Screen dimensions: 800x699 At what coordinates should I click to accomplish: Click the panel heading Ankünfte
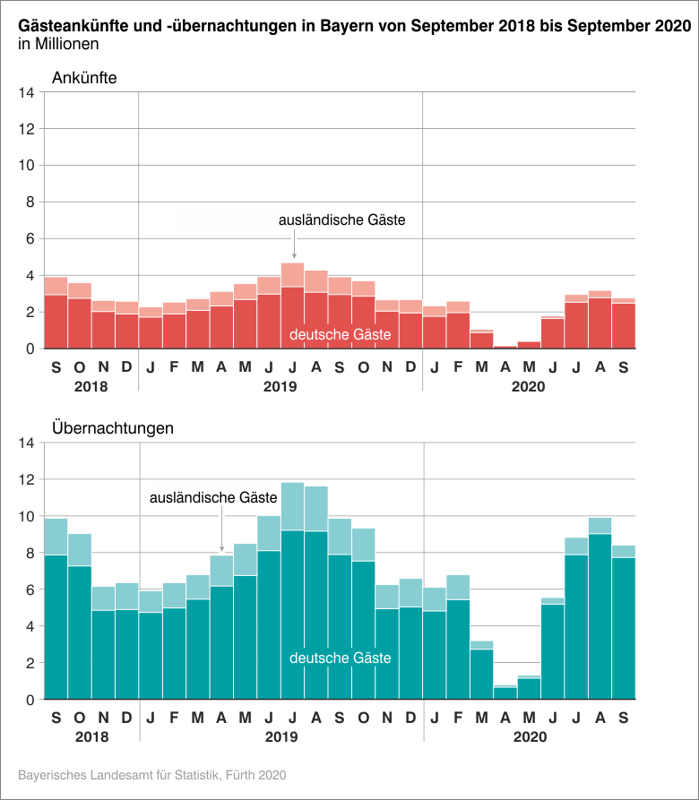(x=84, y=78)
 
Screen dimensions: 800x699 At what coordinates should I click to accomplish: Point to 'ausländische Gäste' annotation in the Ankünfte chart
(x=342, y=219)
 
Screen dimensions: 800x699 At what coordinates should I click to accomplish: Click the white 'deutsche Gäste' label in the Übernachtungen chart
(x=341, y=658)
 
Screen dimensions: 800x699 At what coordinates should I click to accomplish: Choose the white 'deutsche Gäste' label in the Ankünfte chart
(x=341, y=335)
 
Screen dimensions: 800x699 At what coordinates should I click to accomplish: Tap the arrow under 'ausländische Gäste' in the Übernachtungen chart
(x=222, y=538)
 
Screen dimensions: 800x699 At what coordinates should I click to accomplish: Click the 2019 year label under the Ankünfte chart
(x=280, y=388)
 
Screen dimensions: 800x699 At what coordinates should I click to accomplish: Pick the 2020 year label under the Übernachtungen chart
(x=529, y=738)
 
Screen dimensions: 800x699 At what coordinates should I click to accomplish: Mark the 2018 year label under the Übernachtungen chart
(x=91, y=738)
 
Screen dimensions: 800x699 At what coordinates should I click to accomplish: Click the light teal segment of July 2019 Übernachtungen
(x=293, y=506)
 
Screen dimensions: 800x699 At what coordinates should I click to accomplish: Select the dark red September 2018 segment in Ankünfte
(x=56, y=322)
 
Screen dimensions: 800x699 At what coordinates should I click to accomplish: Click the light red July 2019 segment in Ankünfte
(x=293, y=274)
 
